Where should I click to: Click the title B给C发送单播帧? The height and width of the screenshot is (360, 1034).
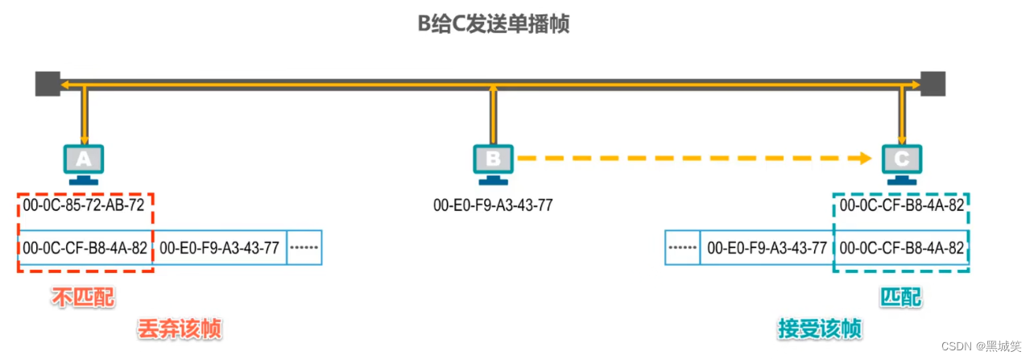(493, 24)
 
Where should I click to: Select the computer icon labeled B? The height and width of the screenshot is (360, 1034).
(493, 162)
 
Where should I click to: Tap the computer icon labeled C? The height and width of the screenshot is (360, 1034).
(901, 162)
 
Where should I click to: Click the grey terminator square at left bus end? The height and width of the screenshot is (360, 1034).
(48, 83)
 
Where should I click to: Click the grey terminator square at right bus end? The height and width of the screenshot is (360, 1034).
(933, 83)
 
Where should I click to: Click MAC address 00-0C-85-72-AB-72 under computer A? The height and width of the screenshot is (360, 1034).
(84, 205)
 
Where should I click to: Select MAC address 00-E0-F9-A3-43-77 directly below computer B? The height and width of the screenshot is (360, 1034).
(493, 205)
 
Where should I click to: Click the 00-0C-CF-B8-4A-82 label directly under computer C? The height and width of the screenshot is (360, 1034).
(901, 205)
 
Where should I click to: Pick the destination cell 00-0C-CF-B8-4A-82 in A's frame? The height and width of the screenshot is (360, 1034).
(85, 248)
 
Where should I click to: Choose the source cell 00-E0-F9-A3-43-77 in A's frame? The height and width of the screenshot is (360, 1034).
(219, 248)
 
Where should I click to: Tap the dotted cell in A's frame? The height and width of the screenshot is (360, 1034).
(304, 248)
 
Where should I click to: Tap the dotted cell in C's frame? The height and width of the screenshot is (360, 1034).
(683, 248)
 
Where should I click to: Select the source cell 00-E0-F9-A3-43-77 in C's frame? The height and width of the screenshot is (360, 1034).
(767, 248)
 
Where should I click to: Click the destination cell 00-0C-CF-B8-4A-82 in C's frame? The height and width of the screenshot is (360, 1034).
(901, 248)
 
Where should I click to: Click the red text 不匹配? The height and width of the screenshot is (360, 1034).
(83, 299)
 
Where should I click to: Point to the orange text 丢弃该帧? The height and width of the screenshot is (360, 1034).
(179, 329)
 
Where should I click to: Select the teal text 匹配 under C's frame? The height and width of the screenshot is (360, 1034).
(901, 299)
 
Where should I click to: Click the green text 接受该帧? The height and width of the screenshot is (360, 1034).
(820, 329)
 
